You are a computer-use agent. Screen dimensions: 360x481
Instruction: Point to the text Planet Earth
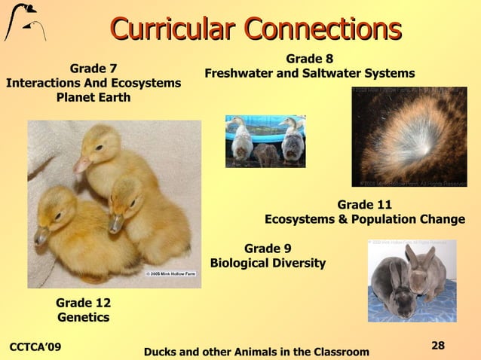pyautogui.click(x=93, y=98)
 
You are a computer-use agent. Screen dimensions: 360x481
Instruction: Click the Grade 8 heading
pyautogui.click(x=309, y=59)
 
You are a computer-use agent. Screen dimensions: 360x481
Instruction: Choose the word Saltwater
pyautogui.click(x=329, y=74)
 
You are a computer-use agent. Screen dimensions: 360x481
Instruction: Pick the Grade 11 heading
pyautogui.click(x=364, y=205)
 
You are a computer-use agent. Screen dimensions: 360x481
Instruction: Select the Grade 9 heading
pyautogui.click(x=268, y=249)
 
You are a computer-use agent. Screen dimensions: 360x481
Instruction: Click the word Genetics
pyautogui.click(x=83, y=317)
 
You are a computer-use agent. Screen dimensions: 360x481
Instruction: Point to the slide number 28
pyautogui.click(x=438, y=345)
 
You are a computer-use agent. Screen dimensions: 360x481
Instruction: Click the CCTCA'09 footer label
pyautogui.click(x=35, y=346)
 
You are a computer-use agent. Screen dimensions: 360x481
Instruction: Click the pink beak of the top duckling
pyautogui.click(x=82, y=163)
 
